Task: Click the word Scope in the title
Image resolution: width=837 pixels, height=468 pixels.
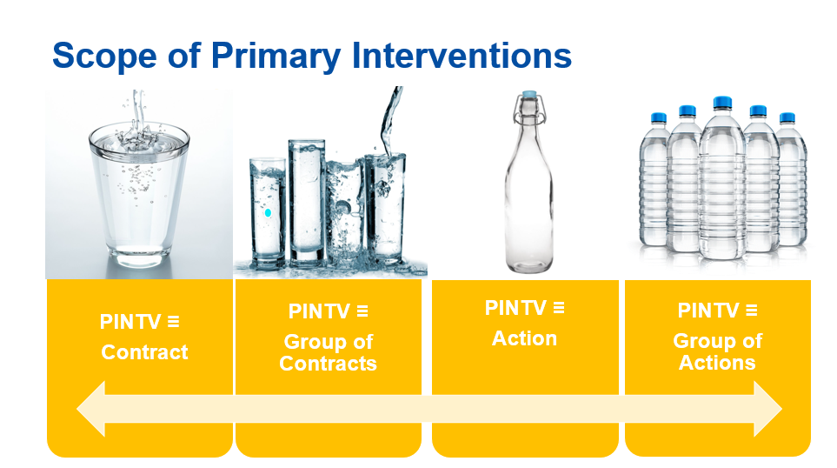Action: click(x=104, y=56)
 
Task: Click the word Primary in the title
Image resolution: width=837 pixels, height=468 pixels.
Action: click(x=276, y=57)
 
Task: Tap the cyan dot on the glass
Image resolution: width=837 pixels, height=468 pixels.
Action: click(x=268, y=212)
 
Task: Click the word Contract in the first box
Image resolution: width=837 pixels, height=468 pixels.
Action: click(x=144, y=352)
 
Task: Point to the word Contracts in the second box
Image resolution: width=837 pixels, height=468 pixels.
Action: click(x=328, y=364)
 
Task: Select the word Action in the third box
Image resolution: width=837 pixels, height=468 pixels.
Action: click(x=524, y=338)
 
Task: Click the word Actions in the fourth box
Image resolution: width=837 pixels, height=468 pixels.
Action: click(x=717, y=362)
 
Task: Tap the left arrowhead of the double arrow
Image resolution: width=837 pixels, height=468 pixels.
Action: click(x=91, y=409)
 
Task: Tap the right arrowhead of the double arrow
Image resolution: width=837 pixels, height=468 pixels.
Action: click(x=768, y=409)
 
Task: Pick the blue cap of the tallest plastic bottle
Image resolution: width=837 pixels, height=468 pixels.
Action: click(x=722, y=102)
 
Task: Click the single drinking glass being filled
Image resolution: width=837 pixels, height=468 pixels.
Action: click(x=139, y=192)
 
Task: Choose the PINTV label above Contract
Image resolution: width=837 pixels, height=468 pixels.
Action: click(x=130, y=322)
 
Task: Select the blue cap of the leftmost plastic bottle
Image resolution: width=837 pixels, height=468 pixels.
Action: click(x=658, y=117)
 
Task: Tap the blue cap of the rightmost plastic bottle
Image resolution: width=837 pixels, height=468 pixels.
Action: click(x=787, y=117)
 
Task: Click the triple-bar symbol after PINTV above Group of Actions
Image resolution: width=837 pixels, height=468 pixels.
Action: click(x=752, y=311)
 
